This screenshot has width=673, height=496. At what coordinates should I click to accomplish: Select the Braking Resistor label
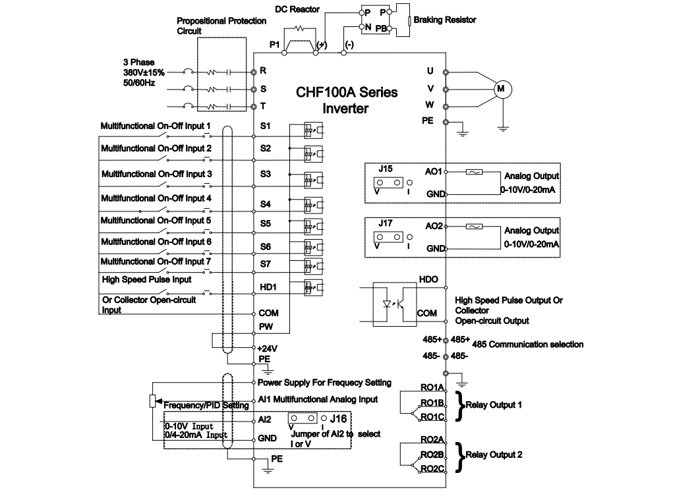[445, 20]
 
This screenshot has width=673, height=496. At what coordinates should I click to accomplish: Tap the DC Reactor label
[297, 9]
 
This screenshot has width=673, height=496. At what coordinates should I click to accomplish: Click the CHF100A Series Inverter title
[346, 100]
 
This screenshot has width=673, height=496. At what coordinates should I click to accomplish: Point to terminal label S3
[265, 174]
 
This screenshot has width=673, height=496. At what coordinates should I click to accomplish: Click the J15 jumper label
[386, 169]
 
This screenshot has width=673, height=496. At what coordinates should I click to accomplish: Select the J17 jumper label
[386, 224]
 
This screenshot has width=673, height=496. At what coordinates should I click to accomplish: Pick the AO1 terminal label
[434, 170]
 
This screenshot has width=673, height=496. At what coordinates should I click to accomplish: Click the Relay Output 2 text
[494, 455]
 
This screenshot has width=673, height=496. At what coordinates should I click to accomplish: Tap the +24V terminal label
[267, 348]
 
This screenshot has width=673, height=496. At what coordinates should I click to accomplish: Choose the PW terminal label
[265, 326]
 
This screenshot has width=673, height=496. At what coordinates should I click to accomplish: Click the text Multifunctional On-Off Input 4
[156, 198]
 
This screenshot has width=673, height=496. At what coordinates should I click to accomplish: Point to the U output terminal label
[430, 71]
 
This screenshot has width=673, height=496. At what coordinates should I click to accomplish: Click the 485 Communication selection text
[527, 344]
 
